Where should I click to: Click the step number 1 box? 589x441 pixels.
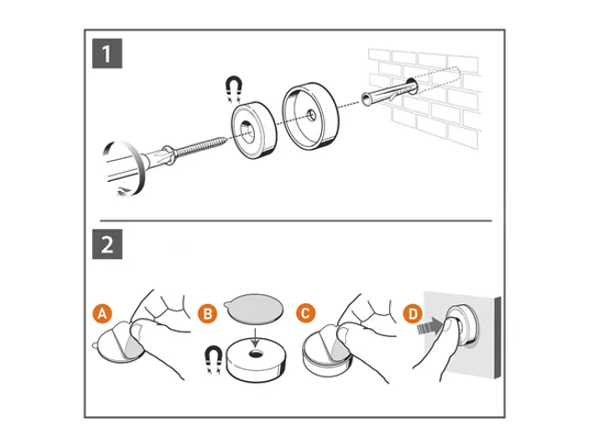click(108, 54)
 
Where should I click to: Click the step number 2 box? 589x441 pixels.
click(108, 245)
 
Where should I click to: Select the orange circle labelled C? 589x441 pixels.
click(306, 312)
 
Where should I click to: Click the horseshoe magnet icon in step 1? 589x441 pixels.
click(235, 88)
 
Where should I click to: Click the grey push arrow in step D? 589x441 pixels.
click(425, 328)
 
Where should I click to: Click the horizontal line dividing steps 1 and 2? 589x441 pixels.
click(294, 221)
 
